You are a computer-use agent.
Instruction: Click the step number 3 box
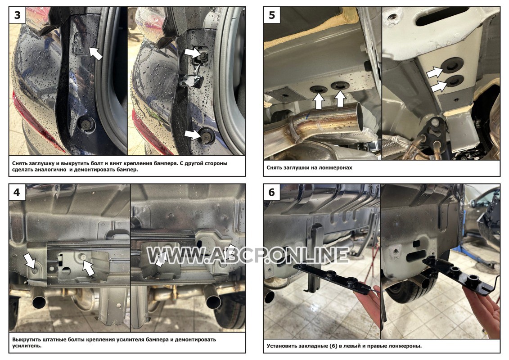pos(18,15)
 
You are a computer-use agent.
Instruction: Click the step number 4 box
pos(17,193)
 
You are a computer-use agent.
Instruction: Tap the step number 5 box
pos(272,15)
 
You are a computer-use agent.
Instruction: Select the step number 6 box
pos(272,193)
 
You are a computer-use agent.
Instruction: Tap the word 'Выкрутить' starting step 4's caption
pos(26,340)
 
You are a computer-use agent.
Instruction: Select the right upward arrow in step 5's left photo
pos(340,99)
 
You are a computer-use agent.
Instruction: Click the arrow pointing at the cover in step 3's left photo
pos(95,53)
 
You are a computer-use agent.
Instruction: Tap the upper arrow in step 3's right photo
pos(193,53)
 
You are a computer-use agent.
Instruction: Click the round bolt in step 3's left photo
pos(86,124)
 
